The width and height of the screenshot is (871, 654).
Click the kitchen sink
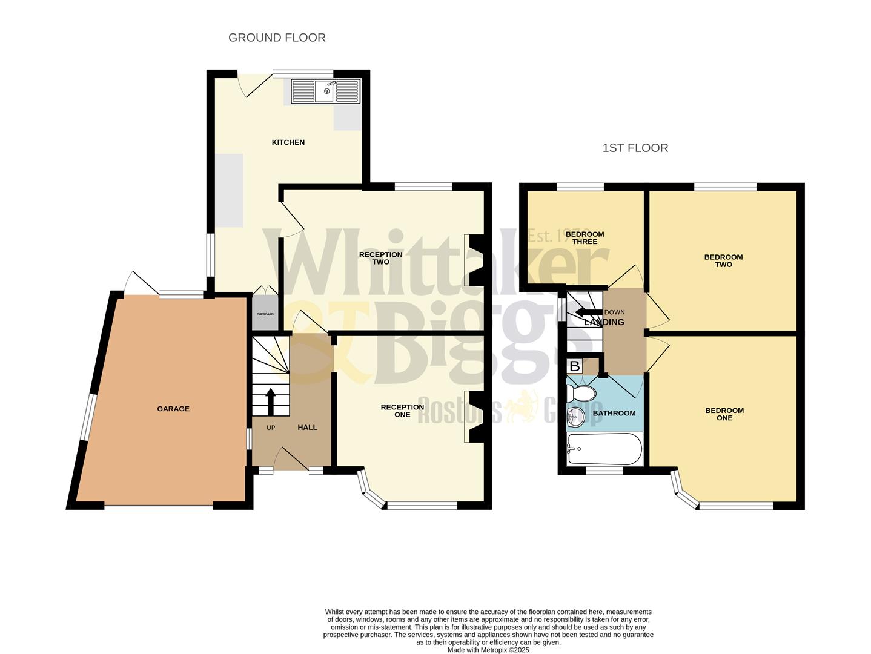325,91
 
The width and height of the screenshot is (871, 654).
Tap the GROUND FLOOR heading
277,38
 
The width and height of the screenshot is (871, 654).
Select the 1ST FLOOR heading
635,148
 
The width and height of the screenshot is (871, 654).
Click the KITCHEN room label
288,142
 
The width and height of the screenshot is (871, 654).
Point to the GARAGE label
173,409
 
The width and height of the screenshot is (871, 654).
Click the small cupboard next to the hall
265,314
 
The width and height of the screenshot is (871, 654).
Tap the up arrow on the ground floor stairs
270,401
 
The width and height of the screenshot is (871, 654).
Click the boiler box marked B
574,366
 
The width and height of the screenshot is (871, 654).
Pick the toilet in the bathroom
581,394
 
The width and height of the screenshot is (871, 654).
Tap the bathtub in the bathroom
604,449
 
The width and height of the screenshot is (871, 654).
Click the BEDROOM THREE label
585,238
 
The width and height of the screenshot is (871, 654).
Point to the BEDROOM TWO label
723,260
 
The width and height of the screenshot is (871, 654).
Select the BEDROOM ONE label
724,414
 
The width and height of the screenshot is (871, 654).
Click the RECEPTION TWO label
380,258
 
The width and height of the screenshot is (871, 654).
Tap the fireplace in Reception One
474,417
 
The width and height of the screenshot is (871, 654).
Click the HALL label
307,428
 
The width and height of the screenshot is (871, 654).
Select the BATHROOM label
614,413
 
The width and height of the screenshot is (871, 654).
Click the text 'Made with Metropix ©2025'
488,650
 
